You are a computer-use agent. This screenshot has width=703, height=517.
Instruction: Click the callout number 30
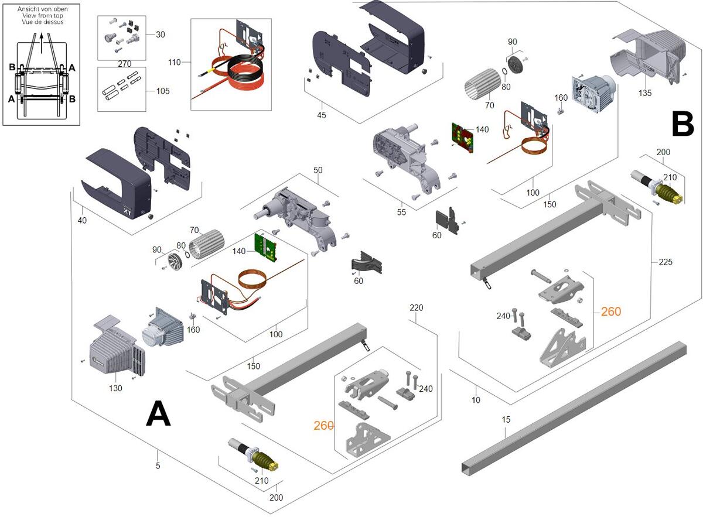pos(161,35)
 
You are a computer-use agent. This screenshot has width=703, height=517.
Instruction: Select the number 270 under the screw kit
pos(124,63)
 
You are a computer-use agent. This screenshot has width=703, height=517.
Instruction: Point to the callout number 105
pos(163,91)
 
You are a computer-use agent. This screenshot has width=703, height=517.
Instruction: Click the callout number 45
pos(322,115)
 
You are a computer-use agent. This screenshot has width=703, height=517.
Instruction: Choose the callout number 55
pos(401,212)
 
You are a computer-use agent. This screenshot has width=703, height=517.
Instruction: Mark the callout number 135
pos(645,93)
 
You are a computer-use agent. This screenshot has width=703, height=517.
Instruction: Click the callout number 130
pos(115,388)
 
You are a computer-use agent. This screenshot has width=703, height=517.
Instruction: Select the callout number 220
pos(417,307)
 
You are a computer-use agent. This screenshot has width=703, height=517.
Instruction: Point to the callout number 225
pos(665,262)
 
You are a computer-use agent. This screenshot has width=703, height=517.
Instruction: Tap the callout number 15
pos(506,419)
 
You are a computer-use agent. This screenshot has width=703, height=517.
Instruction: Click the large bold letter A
pos(158,415)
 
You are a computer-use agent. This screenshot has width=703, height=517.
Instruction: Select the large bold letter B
pos(682,124)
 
